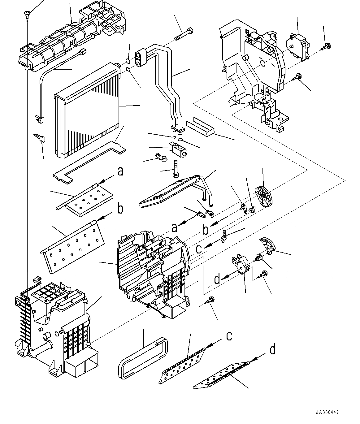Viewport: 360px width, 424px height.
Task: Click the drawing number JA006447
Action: point(327,412)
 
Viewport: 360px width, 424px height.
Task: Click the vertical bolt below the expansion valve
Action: point(175,169)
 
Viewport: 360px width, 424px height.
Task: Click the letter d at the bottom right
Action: point(272,349)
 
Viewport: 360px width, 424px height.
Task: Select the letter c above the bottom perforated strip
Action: point(229,336)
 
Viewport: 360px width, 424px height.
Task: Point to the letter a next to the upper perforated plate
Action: point(120,171)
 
